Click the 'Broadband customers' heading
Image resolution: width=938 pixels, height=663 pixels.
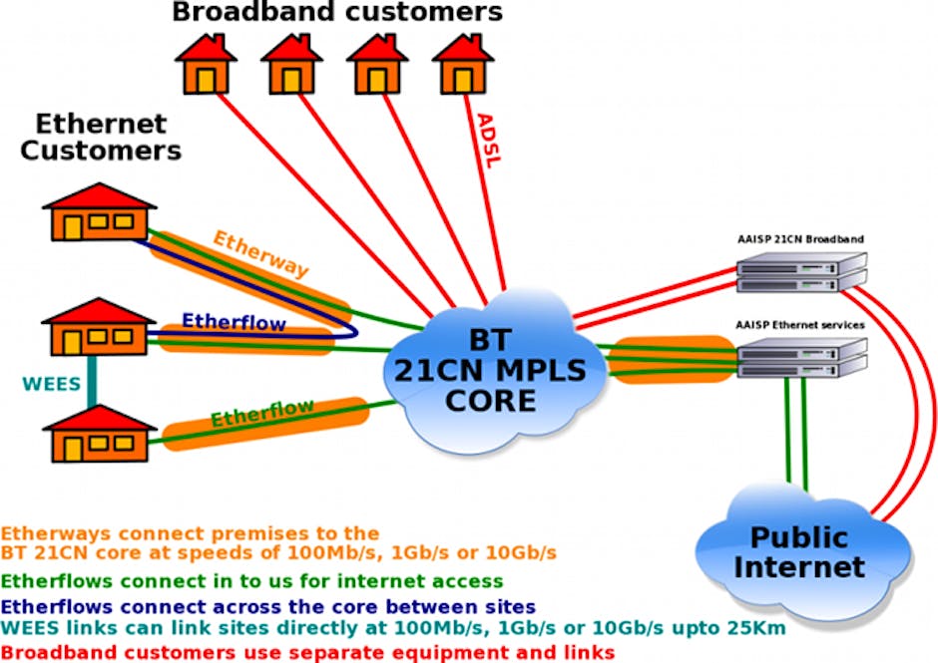tap(337, 13)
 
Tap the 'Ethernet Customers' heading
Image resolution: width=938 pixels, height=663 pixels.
tap(101, 138)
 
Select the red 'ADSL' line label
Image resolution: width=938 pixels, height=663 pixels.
tap(490, 139)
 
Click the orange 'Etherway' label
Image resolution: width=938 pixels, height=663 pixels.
tap(260, 254)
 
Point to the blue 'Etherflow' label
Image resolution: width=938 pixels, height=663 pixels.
tap(234, 322)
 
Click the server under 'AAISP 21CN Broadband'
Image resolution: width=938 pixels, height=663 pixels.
tap(800, 271)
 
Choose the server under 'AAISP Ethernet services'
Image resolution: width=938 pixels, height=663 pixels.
tap(800, 356)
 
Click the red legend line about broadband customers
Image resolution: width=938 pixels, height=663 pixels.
tap(306, 651)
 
